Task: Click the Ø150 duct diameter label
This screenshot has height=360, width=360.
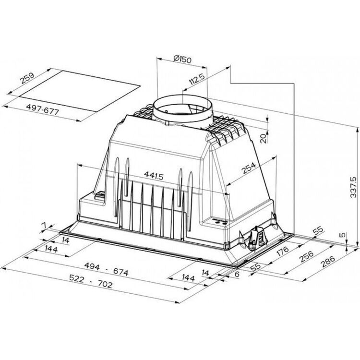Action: pos(182,59)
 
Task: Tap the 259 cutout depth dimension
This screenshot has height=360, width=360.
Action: pos(27,78)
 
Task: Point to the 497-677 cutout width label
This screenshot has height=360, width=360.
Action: pos(42,109)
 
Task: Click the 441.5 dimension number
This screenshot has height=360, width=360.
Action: pos(154,176)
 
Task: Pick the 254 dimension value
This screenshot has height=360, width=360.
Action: pos(249,168)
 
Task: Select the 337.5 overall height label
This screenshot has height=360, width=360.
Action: pos(353,187)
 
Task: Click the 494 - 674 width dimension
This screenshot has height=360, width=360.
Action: pos(107,269)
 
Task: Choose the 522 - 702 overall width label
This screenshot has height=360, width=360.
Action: pos(91,281)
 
